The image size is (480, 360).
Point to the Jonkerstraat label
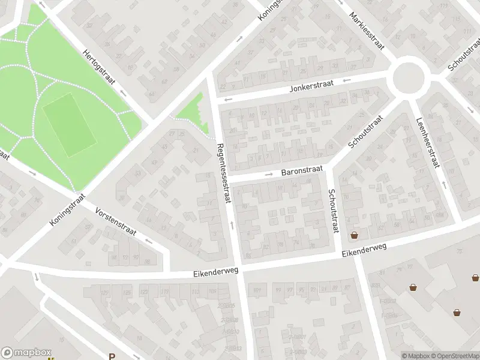click(310, 88)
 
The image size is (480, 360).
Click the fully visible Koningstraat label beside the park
click(68, 209)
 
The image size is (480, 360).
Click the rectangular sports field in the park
click(69, 125)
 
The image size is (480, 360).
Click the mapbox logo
click(26, 353)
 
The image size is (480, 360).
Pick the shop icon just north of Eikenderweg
click(354, 235)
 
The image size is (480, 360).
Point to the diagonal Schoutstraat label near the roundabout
click(365, 133)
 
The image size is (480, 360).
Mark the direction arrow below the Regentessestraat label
click(232, 226)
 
